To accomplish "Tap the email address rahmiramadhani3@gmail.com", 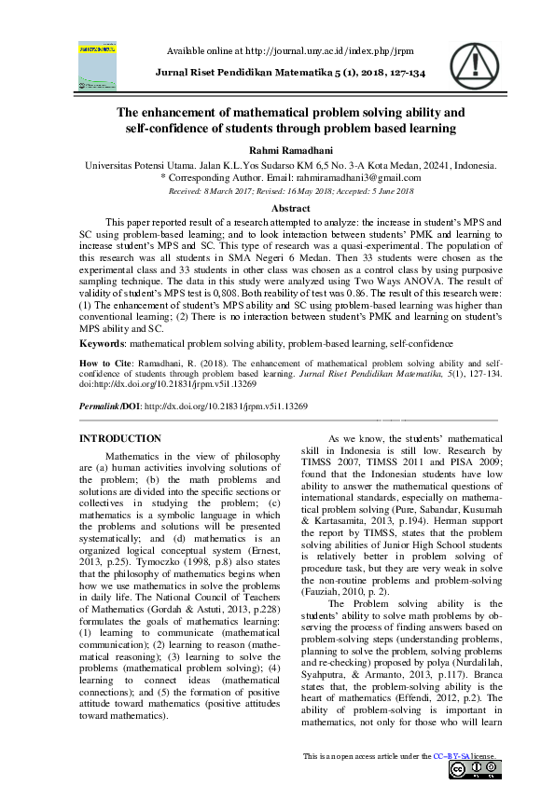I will (361, 177).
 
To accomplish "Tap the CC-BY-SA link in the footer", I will (455, 755).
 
